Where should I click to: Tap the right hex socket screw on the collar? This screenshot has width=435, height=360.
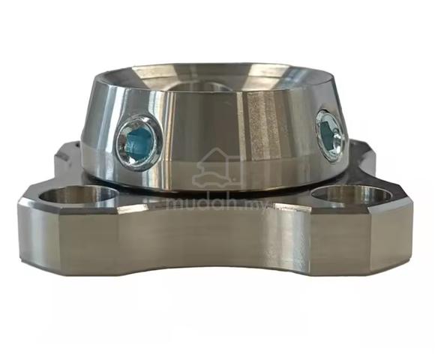pyautogui.click(x=331, y=134)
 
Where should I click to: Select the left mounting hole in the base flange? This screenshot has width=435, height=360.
pyautogui.click(x=78, y=194)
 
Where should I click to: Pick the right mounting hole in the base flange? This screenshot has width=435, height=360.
pyautogui.click(x=351, y=193)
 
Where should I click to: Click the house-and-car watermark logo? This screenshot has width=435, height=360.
pyautogui.click(x=219, y=168)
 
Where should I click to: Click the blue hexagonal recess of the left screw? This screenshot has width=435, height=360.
pyautogui.click(x=139, y=144)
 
